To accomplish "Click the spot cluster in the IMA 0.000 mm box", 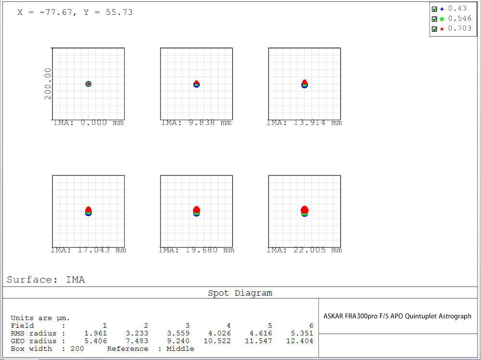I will click(89, 84).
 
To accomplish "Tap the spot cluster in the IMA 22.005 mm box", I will click(304, 211).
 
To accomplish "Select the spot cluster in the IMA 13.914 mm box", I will click(304, 84).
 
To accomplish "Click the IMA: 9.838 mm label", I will click(196, 123).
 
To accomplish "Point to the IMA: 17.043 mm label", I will click(89, 250).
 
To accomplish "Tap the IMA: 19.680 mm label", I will click(196, 250).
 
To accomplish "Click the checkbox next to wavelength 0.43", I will click(434, 9).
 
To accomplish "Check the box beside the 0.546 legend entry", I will click(434, 19).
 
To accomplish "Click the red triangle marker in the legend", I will click(442, 28).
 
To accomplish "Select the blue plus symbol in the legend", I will click(442, 9).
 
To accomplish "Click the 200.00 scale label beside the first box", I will click(48, 84).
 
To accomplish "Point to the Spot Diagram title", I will click(240, 293).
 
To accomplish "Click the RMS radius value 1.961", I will click(96, 333).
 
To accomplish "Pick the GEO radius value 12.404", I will click(302, 341).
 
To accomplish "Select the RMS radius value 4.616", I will click(261, 333).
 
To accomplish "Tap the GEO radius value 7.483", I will click(137, 341).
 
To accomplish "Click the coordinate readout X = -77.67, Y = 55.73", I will click(75, 12).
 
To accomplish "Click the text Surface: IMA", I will click(46, 280).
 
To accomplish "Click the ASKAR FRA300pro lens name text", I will click(397, 316).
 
